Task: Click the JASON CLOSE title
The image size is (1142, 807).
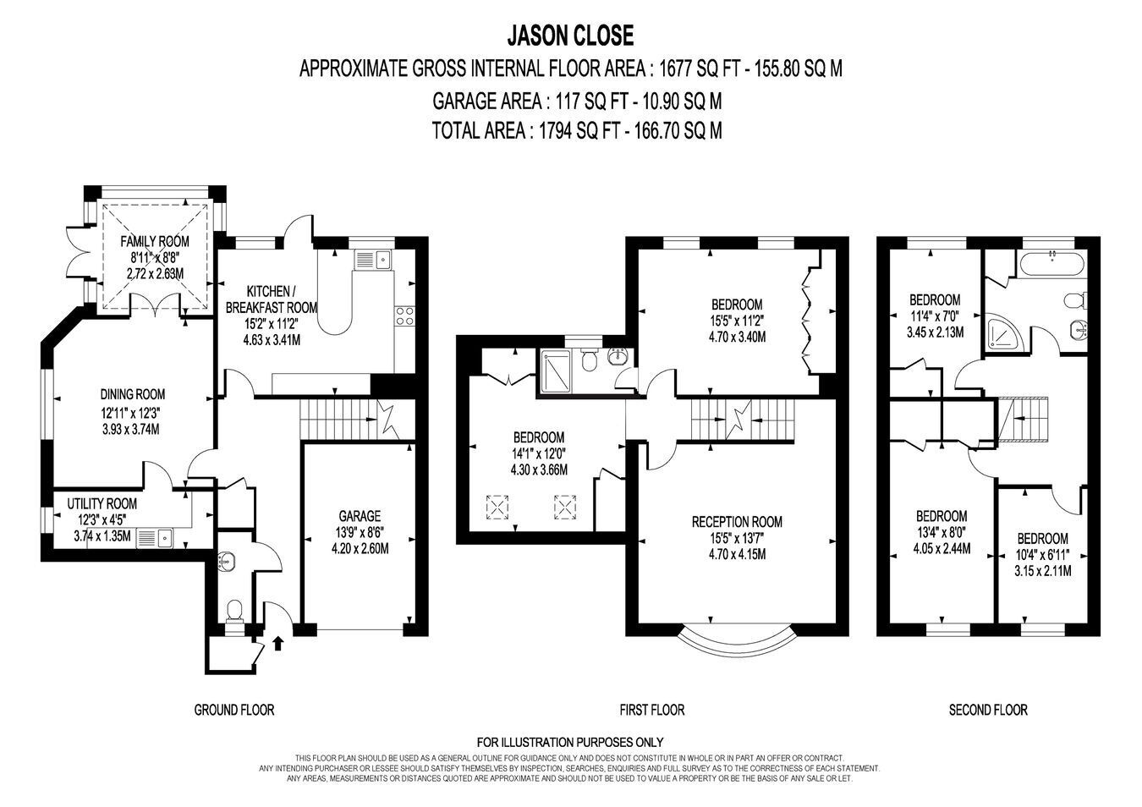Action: [x=570, y=36]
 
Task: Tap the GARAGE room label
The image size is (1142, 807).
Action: [x=360, y=516]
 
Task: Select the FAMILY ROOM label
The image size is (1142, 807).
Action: [x=155, y=241]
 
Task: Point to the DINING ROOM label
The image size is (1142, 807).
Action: [x=133, y=394]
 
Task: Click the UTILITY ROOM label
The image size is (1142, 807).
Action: [x=102, y=504]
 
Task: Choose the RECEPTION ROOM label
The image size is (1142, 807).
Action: [x=737, y=522]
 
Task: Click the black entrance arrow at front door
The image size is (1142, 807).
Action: [x=277, y=643]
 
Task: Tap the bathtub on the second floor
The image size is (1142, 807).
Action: [x=1052, y=264]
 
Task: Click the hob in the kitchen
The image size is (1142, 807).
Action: [x=405, y=316]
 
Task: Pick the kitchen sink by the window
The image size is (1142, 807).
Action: [x=373, y=260]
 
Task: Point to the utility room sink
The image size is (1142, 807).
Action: [x=155, y=538]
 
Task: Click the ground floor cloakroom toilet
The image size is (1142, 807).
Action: [x=234, y=612]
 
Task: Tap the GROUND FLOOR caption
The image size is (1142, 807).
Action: [x=234, y=710]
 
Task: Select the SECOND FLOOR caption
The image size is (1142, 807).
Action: [x=988, y=710]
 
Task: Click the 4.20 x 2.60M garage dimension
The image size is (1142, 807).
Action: [x=360, y=549]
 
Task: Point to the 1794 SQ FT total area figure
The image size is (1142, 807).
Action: [x=579, y=131]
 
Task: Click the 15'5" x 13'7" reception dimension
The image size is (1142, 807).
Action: [x=737, y=538]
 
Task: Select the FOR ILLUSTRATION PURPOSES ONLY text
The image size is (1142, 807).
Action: [x=570, y=742]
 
